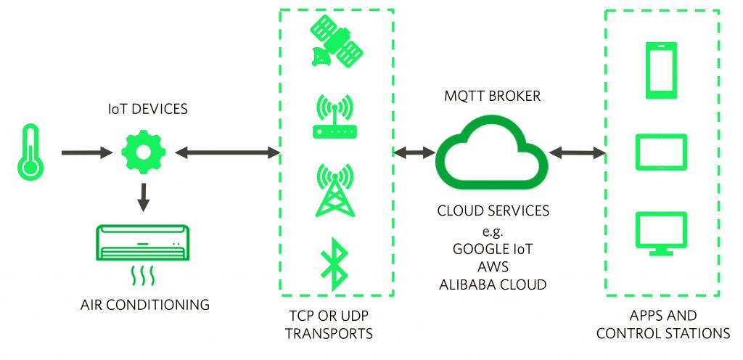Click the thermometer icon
30,152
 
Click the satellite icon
336,44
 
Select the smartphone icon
660,70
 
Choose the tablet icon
660,152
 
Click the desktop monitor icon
660,232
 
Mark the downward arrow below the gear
143,195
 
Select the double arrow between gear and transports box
226,152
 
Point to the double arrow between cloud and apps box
577,152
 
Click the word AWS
492,265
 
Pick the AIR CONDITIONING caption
145,305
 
